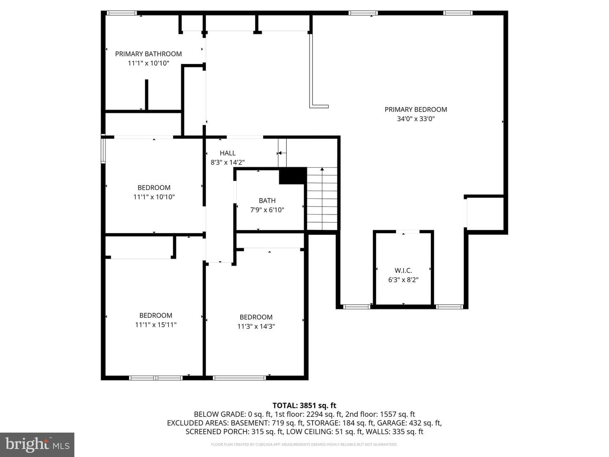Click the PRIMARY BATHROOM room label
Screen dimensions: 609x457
[148, 54]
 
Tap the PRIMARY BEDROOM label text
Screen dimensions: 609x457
[416, 110]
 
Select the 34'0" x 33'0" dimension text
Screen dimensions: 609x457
[416, 119]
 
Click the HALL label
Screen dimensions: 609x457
[228, 153]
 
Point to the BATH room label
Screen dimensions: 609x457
[267, 201]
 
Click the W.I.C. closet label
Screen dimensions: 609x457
[403, 270]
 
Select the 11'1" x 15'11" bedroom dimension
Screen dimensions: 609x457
[156, 325]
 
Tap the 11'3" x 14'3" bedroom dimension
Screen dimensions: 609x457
[256, 326]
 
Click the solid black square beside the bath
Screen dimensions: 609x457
[293, 176]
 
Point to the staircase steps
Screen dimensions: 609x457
[322, 199]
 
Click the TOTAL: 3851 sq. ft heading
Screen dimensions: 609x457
[304, 405]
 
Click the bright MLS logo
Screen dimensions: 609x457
[37, 444]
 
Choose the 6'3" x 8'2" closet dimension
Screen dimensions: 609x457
[403, 280]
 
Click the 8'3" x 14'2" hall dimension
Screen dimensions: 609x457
[228, 162]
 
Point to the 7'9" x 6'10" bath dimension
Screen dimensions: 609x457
[267, 210]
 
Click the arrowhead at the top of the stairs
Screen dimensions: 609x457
[322, 169]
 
